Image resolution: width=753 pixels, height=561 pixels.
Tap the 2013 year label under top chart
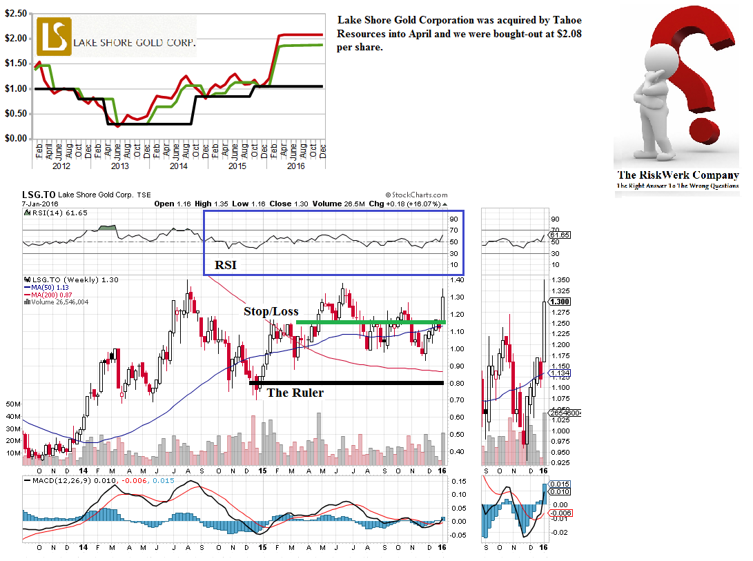119,166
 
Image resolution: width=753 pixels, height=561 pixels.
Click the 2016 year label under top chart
296,166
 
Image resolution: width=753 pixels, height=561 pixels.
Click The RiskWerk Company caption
677,175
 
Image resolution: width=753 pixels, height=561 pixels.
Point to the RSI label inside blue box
224,264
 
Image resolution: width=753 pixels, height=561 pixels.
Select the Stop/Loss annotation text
271,311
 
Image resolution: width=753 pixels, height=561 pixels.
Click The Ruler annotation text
295,393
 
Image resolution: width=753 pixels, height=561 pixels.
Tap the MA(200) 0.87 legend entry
50,294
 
